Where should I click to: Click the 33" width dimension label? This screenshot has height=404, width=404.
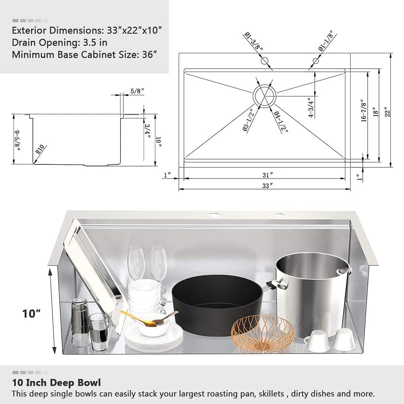267,185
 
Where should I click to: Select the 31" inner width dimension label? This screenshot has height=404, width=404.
268,175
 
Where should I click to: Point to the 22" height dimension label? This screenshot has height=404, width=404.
387,112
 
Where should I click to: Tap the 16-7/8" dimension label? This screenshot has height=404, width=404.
364,110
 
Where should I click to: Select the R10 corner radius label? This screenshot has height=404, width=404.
40,149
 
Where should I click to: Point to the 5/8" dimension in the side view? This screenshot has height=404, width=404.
137,91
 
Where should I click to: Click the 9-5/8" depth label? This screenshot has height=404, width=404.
17,141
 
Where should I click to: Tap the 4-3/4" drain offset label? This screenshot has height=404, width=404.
311,107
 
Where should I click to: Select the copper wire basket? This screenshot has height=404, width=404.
262,333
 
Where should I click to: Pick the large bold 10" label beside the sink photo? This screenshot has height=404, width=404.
32,314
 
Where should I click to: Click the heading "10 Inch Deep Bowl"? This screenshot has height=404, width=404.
57,383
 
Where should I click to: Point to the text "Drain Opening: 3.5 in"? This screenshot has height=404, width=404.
59,42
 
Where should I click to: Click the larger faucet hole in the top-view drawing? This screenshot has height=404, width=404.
265,61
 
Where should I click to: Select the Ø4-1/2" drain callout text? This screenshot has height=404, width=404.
281,121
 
